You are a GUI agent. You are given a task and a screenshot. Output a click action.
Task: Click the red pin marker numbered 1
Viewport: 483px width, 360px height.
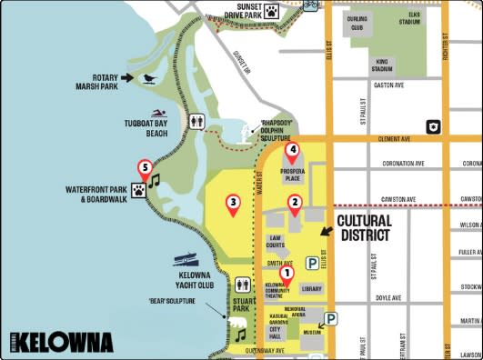pos(287,272)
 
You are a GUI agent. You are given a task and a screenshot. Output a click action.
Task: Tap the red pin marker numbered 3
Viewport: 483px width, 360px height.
pos(234,204)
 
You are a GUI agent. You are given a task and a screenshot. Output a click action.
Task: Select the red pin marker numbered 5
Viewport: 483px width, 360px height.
pos(144,168)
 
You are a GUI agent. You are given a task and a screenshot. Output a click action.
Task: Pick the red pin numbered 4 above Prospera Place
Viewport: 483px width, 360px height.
pos(292,151)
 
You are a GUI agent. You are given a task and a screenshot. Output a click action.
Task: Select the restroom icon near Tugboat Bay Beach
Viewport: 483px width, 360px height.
pos(198,120)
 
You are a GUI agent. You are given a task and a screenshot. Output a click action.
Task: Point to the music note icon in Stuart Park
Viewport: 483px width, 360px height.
pos(241,334)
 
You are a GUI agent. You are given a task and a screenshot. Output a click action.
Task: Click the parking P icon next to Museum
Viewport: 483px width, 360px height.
pos(331,319)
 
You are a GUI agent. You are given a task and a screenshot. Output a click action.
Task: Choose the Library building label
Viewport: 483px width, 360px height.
pos(311,289)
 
